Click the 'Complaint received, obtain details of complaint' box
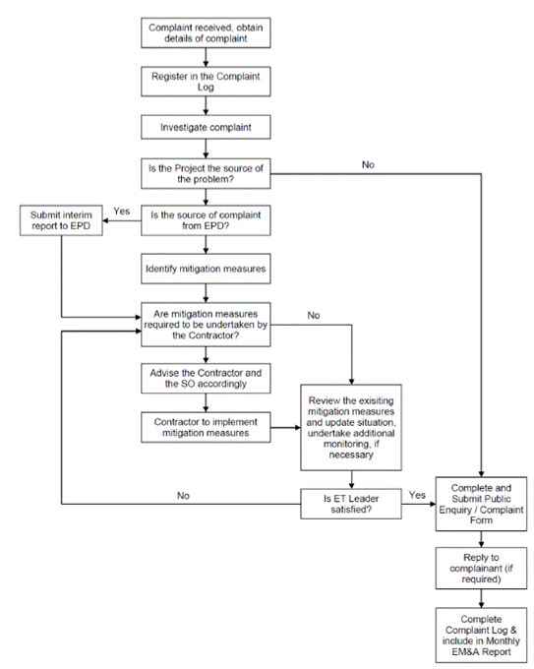point(206,32)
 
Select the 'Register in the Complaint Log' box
point(206,82)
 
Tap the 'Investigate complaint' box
point(206,127)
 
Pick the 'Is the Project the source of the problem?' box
point(206,174)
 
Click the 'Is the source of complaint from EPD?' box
point(206,220)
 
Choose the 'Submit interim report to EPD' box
point(61,220)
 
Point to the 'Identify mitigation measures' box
point(206,269)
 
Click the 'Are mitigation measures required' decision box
point(206,325)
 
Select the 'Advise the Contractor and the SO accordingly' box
point(206,379)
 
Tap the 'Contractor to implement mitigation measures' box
point(206,427)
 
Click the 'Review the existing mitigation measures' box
point(351,428)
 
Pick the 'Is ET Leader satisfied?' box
point(351,504)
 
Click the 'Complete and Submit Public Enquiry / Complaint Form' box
point(481,504)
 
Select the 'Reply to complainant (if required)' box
point(481,569)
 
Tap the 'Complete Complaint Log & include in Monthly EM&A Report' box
point(481,636)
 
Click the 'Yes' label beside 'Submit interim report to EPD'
point(122,212)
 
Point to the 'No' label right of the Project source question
point(368,164)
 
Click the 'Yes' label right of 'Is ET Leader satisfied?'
point(417,495)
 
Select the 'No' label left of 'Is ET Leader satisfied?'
point(183,496)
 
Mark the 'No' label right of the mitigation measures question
point(314,315)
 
